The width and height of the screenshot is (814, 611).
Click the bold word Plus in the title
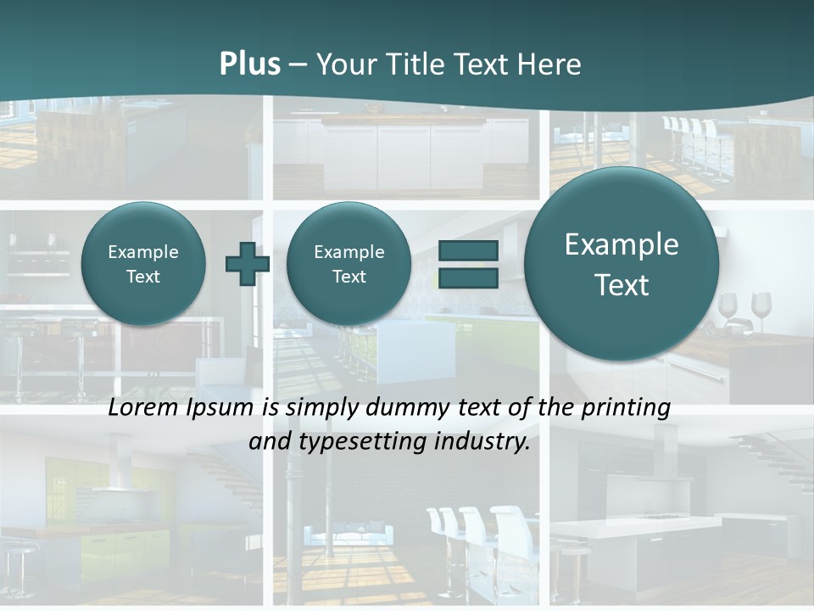pyautogui.click(x=249, y=64)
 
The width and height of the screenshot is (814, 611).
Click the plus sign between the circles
pyautogui.click(x=247, y=264)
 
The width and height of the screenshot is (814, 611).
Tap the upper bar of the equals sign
pyautogui.click(x=468, y=251)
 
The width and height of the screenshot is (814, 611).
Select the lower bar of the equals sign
pyautogui.click(x=468, y=277)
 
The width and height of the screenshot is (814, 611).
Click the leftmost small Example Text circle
pyautogui.click(x=142, y=264)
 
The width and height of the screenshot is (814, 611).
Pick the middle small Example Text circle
pyautogui.click(x=348, y=264)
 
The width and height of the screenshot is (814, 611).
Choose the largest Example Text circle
pyautogui.click(x=622, y=264)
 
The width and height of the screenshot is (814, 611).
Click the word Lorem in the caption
pyautogui.click(x=142, y=407)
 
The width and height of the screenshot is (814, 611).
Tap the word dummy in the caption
pyautogui.click(x=404, y=407)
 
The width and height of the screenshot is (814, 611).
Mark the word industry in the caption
pyautogui.click(x=483, y=442)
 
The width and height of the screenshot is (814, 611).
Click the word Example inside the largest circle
pyautogui.click(x=622, y=244)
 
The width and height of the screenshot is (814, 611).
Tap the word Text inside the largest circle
pyautogui.click(x=622, y=285)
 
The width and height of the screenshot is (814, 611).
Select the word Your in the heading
pyautogui.click(x=344, y=64)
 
